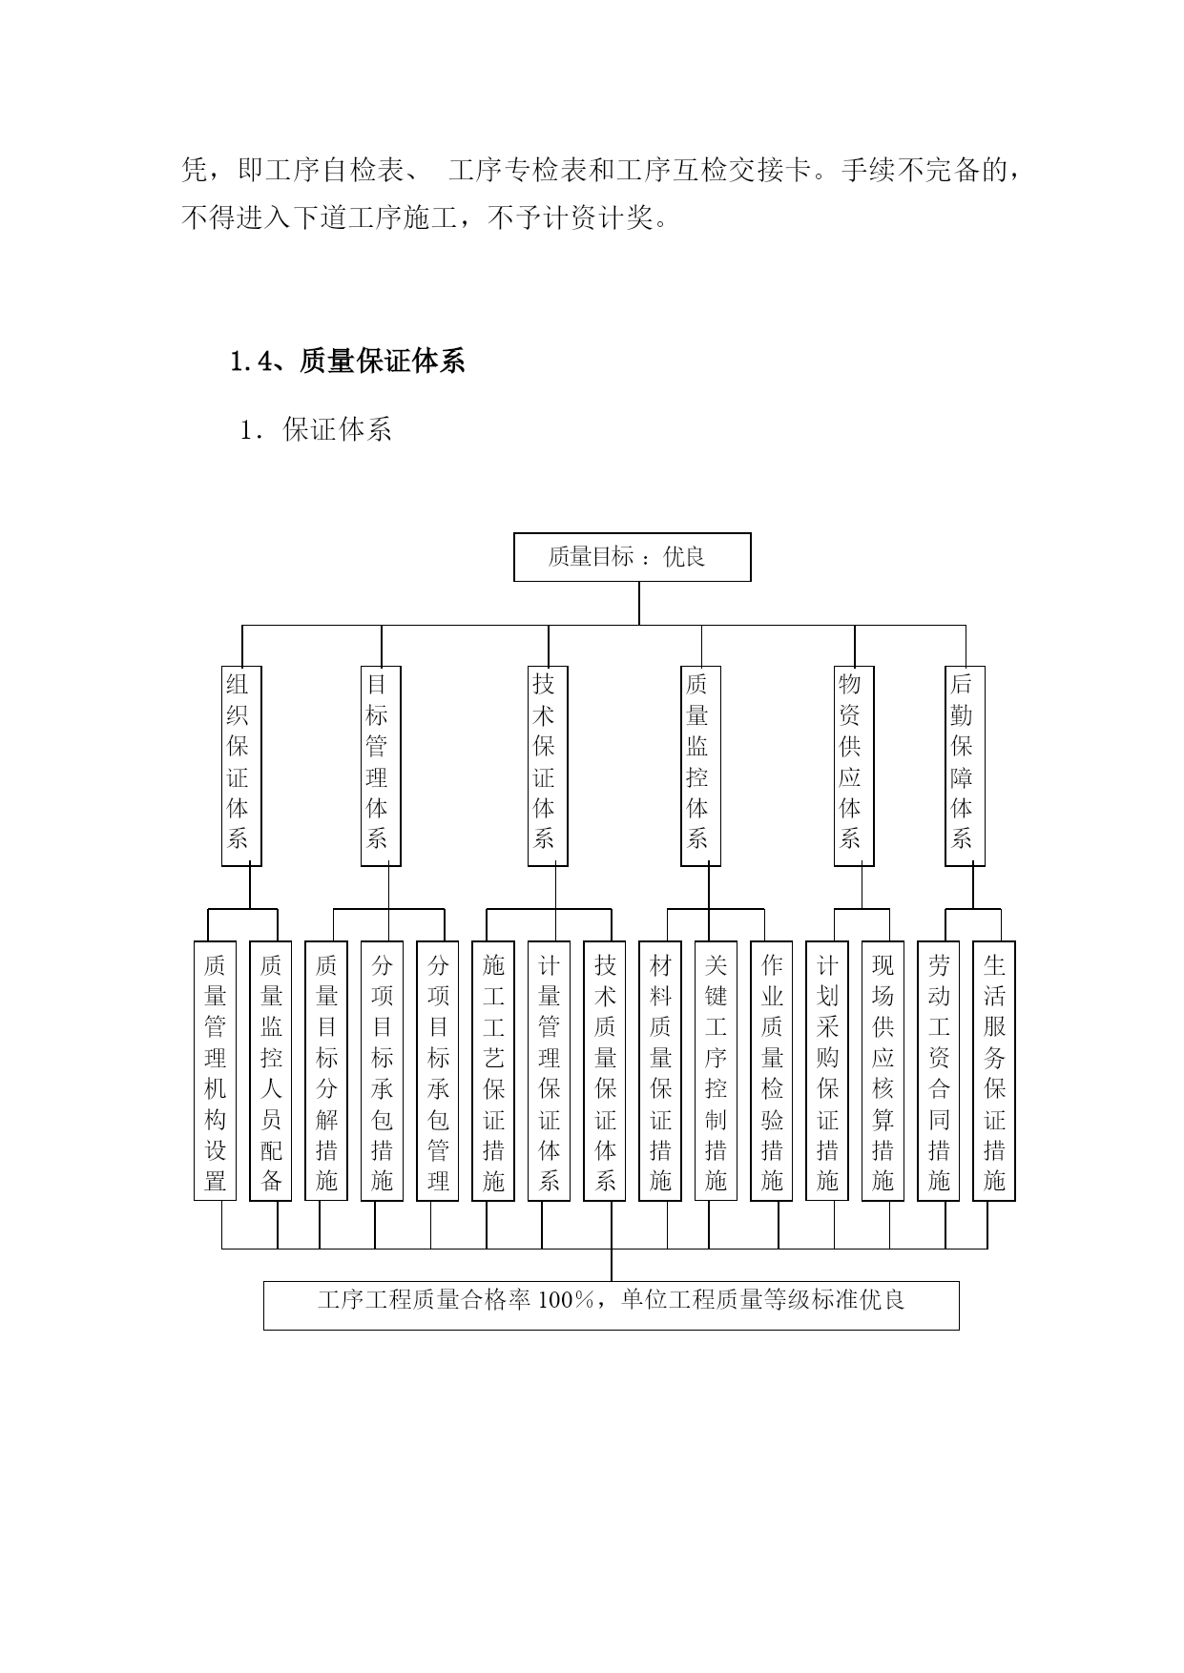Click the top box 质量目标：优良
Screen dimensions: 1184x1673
[x=632, y=557]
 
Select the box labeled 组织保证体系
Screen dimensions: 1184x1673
[x=241, y=766]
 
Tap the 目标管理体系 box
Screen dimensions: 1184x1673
[x=381, y=766]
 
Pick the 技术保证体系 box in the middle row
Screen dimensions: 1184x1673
[x=548, y=766]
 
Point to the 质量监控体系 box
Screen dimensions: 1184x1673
[x=700, y=766]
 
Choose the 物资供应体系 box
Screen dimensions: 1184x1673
[x=854, y=766]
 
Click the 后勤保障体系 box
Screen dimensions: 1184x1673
[x=965, y=766]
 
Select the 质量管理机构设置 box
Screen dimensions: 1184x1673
[x=215, y=1071]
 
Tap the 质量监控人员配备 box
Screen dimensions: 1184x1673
[x=271, y=1071]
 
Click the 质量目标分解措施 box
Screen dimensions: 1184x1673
[x=326, y=1071]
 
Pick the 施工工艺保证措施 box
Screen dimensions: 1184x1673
[x=493, y=1071]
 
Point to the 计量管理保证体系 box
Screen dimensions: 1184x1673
[x=549, y=1071]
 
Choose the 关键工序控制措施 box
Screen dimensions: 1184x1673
[x=716, y=1071]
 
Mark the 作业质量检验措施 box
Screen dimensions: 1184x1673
[x=772, y=1071]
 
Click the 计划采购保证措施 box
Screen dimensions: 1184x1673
[x=827, y=1071]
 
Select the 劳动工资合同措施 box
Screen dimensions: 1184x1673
[x=939, y=1071]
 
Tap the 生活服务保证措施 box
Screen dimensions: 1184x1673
[x=994, y=1071]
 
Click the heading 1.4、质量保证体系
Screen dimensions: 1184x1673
[x=347, y=361]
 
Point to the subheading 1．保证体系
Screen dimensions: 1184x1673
[x=316, y=430]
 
